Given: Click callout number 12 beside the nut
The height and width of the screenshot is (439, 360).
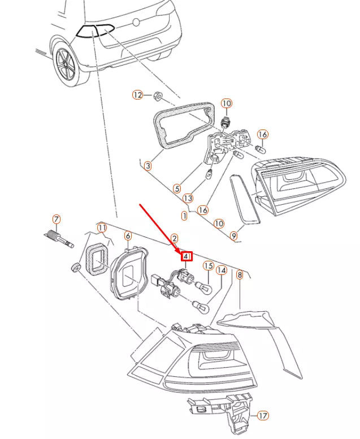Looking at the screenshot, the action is tap(137, 95).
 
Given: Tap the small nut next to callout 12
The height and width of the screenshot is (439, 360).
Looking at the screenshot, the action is tap(158, 97).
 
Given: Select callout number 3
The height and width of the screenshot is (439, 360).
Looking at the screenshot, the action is tap(148, 166).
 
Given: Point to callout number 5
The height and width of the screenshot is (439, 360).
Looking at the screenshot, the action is tap(177, 189).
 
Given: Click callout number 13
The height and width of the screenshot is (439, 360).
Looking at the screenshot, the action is tap(188, 199).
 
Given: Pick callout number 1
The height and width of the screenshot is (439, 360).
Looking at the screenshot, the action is tap(184, 216).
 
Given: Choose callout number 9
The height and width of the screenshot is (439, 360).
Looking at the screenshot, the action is tap(234, 236).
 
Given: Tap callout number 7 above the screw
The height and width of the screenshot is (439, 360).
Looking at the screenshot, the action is tap(57, 219).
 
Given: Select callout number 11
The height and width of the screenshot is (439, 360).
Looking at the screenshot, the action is tap(102, 228).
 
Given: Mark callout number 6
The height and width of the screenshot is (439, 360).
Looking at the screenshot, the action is tap(128, 236).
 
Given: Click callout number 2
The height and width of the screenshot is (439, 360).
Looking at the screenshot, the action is tap(174, 238).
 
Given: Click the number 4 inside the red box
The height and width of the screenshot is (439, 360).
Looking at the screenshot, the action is tap(186, 256).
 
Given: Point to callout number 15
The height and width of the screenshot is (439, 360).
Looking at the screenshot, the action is tap(209, 266).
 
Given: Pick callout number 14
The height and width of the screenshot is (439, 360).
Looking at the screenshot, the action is tap(222, 270).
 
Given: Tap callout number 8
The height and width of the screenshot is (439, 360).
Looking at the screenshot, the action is tap(240, 275).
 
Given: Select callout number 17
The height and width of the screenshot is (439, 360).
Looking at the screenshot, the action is tap(263, 415).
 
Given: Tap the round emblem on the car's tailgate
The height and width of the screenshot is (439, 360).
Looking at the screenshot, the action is tap(136, 22).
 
